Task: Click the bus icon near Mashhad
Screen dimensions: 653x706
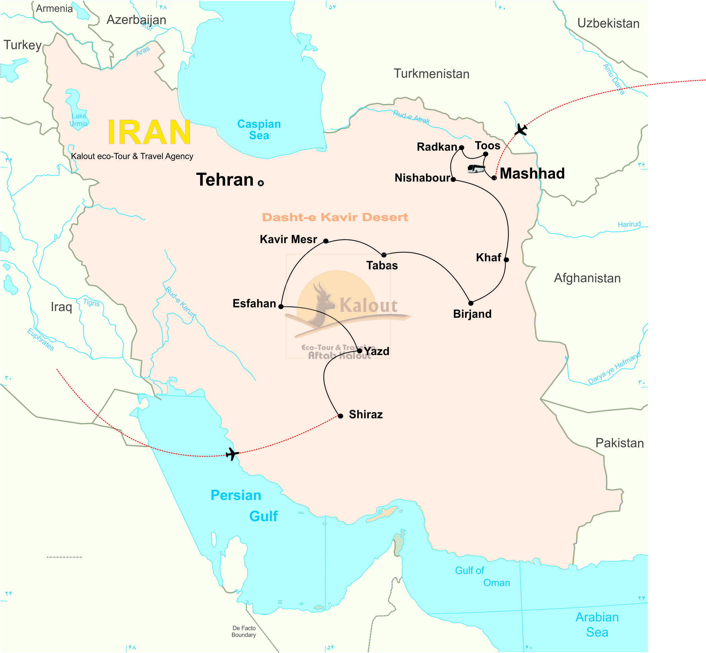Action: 476,168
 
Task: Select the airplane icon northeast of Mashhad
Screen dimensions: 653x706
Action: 520,130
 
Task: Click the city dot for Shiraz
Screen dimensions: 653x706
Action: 340,416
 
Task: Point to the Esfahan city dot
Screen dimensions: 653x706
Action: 281,306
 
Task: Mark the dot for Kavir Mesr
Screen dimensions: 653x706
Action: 326,241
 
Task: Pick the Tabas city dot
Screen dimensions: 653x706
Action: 384,255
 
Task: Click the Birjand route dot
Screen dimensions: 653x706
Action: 471,303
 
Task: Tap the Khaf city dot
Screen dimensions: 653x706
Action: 506,260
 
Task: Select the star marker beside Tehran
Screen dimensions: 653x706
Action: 261,183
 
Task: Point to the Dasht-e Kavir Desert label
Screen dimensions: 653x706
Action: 335,217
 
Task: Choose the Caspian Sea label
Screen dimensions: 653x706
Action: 259,130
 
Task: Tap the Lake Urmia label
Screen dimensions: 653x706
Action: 78,120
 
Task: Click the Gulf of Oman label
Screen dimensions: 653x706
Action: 482,576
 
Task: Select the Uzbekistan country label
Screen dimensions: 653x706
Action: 608,23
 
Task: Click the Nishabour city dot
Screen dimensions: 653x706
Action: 453,180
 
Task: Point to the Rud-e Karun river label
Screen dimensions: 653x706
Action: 181,302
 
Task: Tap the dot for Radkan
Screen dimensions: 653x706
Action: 461,148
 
